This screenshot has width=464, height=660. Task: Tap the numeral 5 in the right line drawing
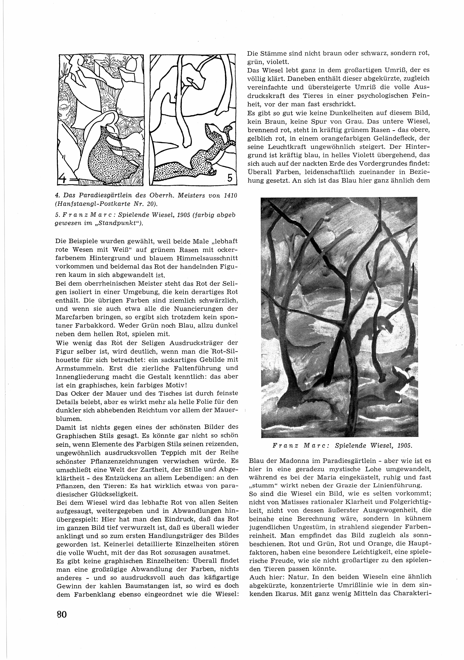[x=229, y=178]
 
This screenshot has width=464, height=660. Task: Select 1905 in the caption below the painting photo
[x=405, y=446]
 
